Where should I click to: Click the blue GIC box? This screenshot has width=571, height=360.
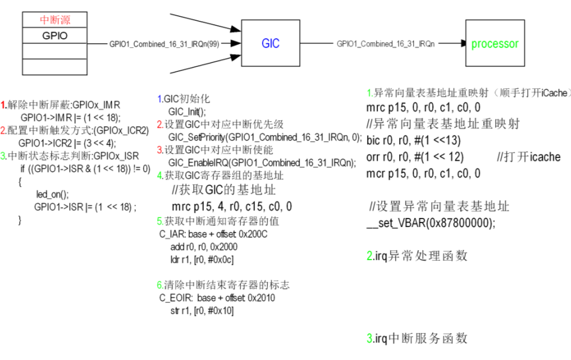tap(270, 43)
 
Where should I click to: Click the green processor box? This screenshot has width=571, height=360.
tap(495, 43)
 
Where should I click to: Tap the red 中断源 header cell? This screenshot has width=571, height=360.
tap(55, 20)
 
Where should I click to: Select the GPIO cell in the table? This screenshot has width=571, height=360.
tap(55, 35)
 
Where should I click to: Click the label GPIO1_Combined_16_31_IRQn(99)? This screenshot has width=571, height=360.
tap(164, 44)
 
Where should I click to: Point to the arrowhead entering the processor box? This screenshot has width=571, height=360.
tap(462, 43)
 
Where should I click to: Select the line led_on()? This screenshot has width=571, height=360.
tap(52, 194)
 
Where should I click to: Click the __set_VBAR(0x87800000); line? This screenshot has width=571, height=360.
tap(431, 222)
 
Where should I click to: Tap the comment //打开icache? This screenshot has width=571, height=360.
tap(528, 157)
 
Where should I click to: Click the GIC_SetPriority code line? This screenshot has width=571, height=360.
tap(265, 136)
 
